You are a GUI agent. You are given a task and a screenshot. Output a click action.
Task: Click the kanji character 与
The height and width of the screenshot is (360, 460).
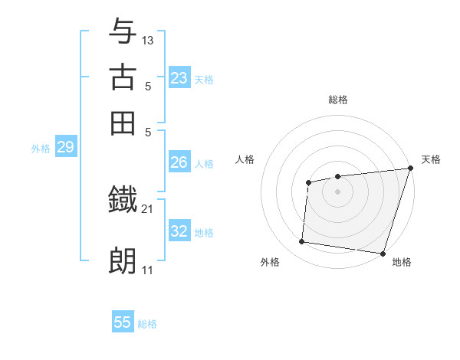pos(123,31)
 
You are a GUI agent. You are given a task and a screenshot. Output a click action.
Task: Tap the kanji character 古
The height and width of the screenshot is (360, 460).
pos(123,77)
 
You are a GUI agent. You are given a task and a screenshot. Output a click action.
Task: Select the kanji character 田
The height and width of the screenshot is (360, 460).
pos(123,123)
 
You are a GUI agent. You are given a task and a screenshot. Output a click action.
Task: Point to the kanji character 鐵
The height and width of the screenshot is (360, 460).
pos(123,201)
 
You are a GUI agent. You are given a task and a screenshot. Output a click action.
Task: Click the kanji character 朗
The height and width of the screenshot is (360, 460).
pos(123,261)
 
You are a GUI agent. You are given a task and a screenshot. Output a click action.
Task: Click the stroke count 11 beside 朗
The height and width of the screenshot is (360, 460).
pos(148,270)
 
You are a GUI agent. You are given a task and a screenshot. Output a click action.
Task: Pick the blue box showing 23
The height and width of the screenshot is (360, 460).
pos(179,78)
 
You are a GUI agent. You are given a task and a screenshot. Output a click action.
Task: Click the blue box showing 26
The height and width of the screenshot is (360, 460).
pos(179,162)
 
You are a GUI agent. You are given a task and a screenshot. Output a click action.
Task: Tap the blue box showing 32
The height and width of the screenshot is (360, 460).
pos(179,231)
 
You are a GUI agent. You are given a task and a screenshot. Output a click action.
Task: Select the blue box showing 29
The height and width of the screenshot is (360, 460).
pos(65,148)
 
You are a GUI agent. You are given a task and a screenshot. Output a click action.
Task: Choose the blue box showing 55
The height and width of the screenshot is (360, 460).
pos(123,322)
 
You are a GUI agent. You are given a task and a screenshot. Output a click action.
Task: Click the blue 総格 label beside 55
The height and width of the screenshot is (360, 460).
pos(147,324)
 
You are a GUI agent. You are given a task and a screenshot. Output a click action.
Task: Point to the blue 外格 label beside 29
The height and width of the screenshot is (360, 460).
pos(41,149)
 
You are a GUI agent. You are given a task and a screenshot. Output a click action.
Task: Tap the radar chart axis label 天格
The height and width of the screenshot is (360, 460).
pos(431,159)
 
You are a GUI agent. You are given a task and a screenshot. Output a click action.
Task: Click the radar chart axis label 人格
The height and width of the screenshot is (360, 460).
pos(245,159)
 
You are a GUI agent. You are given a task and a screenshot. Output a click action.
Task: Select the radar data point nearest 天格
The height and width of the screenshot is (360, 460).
pos(410,169)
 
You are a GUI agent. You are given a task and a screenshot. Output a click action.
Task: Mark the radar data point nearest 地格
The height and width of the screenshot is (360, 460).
pos(382,253)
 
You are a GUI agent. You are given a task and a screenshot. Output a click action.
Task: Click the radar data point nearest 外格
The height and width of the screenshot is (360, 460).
pos(302,242)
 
